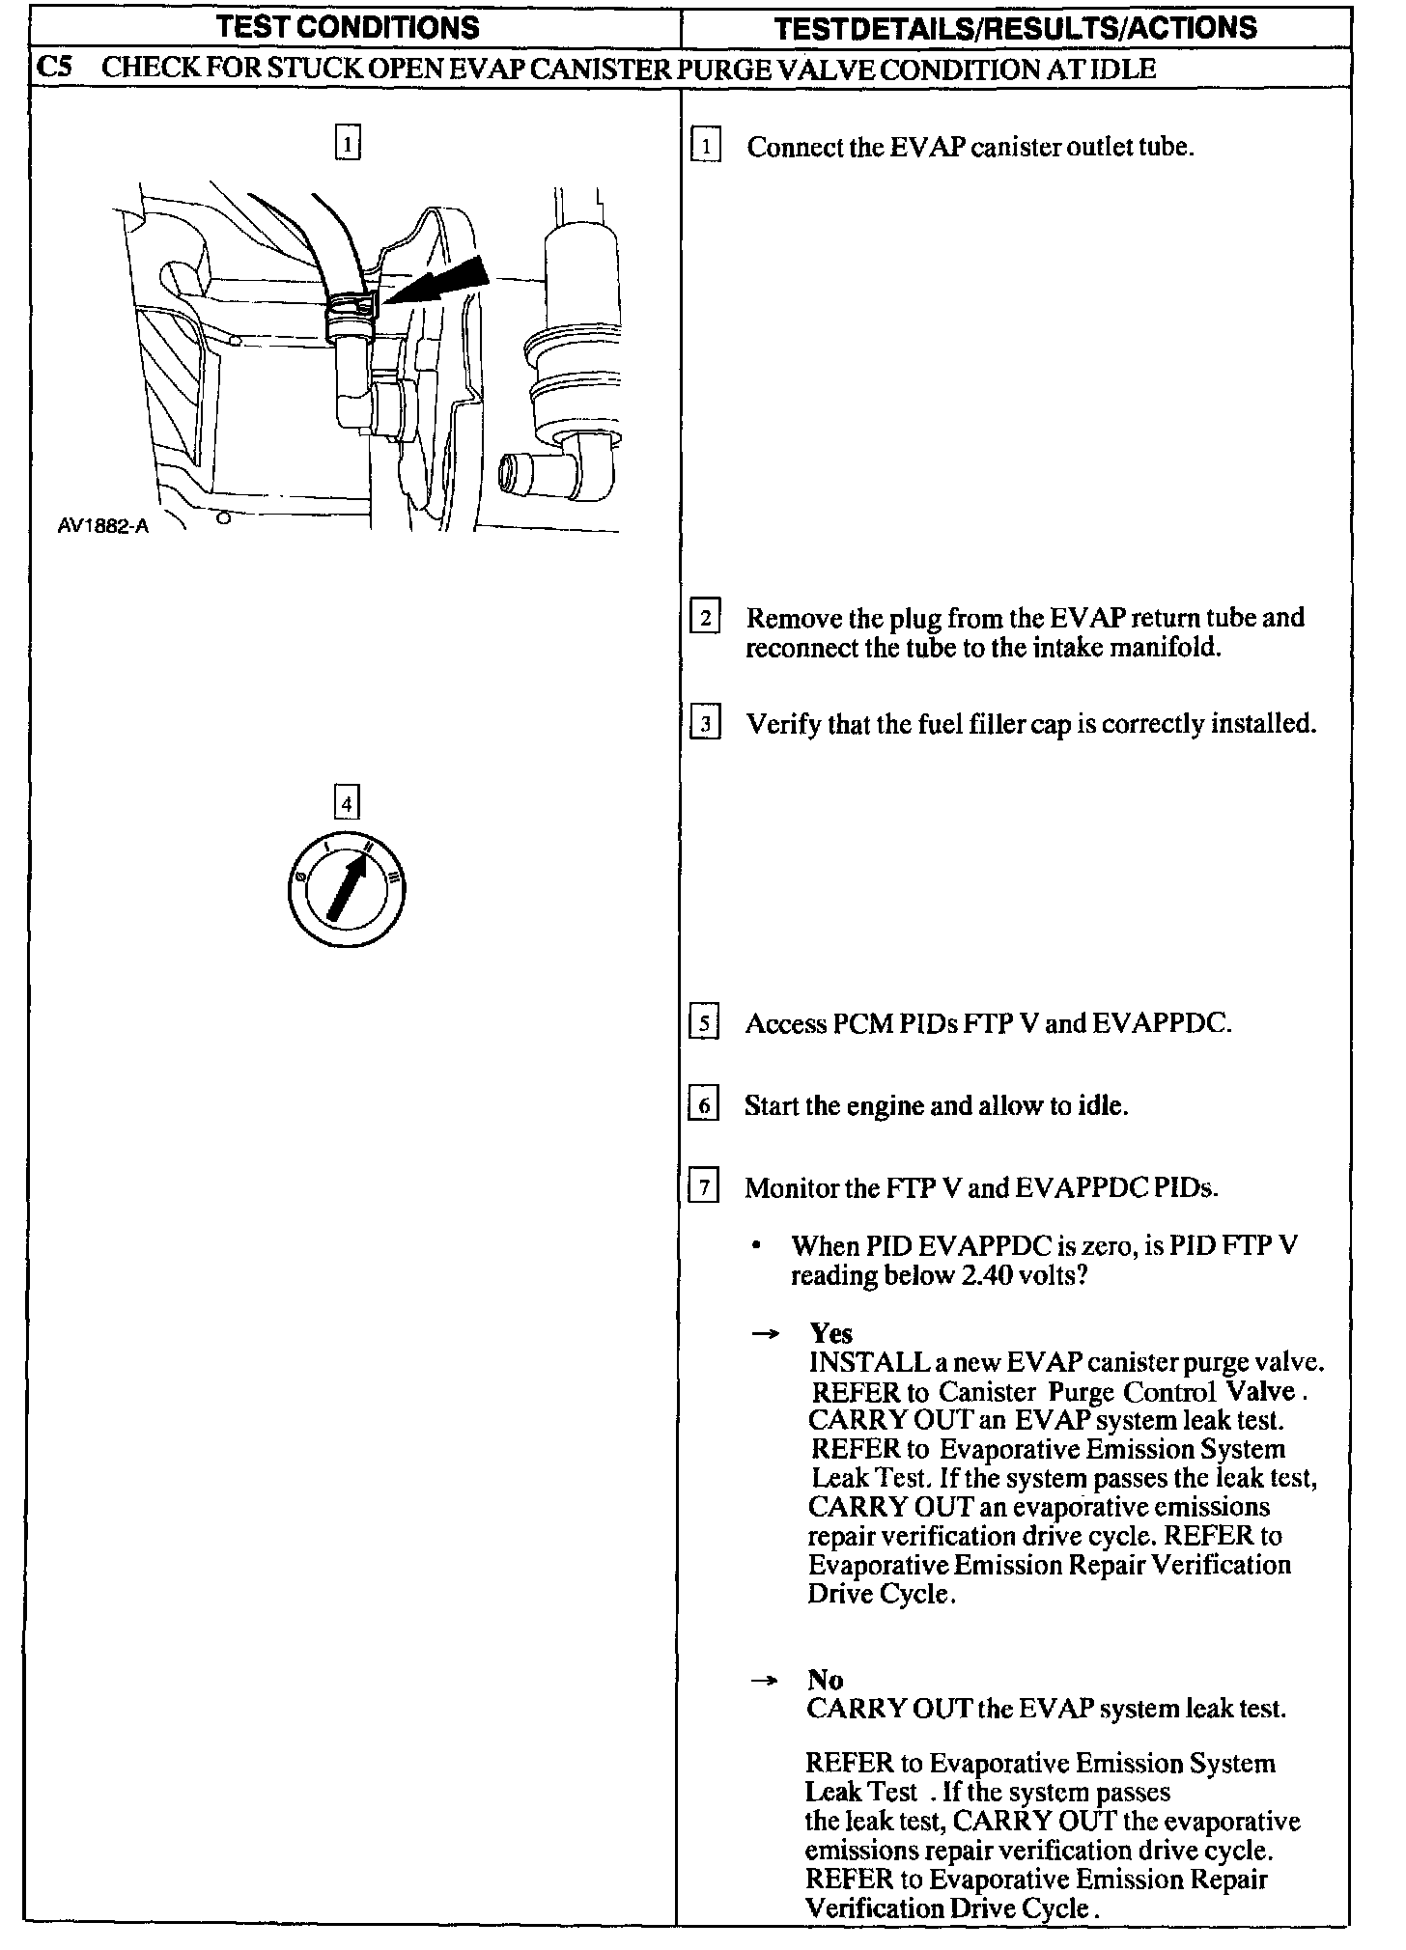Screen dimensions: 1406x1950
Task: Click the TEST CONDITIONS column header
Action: (x=349, y=27)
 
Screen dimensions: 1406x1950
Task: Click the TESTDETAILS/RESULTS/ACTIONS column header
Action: (x=1016, y=27)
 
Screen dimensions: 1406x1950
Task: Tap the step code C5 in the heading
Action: (x=55, y=70)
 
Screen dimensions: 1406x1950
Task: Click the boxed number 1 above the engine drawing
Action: (x=348, y=144)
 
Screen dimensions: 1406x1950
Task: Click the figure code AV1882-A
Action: (x=103, y=527)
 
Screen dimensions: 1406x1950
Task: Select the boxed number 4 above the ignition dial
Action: (x=346, y=802)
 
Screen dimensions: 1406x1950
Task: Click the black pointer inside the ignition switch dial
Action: (x=348, y=886)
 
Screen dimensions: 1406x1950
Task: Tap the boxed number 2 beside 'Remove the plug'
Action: (x=706, y=617)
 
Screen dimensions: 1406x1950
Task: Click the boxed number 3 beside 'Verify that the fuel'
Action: (x=706, y=723)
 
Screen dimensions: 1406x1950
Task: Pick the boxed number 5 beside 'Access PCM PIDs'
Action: (x=704, y=1022)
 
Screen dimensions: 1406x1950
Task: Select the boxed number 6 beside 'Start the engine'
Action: (x=703, y=1104)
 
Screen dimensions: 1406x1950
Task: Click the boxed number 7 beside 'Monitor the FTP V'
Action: (x=703, y=1186)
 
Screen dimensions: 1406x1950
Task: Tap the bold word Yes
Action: (x=830, y=1333)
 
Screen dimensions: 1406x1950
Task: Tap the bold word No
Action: (x=826, y=1681)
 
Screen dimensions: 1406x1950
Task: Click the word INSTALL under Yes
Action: (x=856, y=1362)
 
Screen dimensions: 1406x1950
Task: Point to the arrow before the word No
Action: (x=765, y=1681)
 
